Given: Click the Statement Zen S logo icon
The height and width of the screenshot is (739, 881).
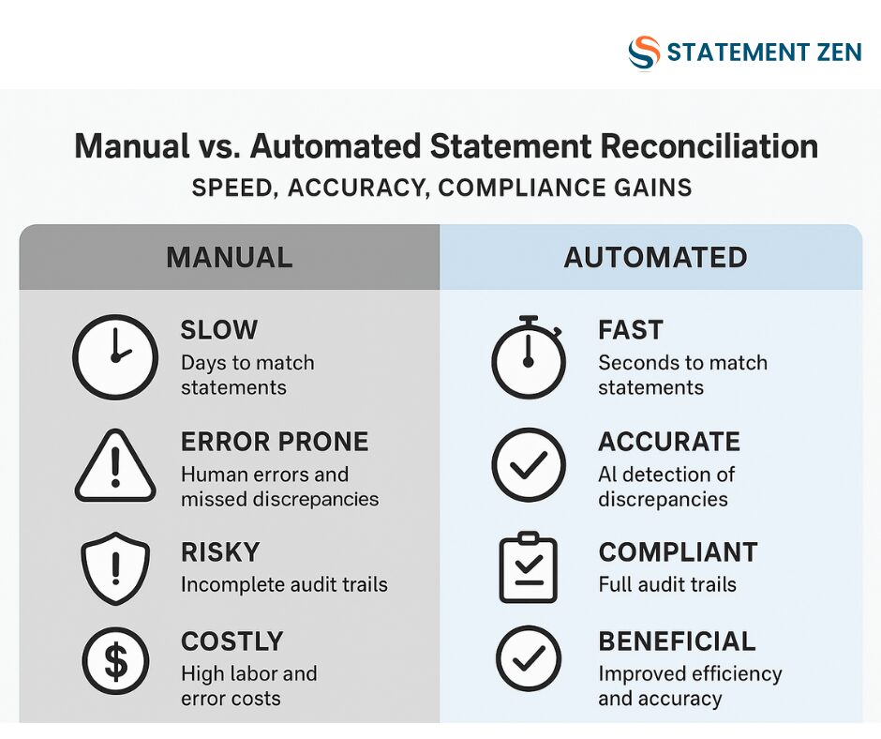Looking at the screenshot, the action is (x=644, y=53).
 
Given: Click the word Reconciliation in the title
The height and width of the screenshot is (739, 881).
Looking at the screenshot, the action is (x=709, y=146).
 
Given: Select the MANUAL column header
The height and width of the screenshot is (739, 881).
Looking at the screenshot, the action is (x=230, y=257).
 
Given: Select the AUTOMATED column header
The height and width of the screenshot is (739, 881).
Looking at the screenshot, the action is (x=655, y=257).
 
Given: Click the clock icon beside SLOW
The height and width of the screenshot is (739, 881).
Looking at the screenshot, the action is (x=115, y=357).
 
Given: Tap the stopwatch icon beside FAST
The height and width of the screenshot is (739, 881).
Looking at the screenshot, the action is (x=529, y=357).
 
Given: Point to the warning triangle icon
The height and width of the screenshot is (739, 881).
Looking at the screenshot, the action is (x=115, y=466).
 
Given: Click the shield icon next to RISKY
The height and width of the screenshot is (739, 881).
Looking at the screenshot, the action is (x=115, y=568).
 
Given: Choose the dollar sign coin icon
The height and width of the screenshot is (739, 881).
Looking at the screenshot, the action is (x=115, y=660).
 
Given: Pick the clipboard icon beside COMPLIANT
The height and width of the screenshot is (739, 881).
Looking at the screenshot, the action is (x=529, y=566).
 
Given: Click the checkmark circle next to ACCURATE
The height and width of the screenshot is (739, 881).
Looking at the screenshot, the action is (x=529, y=464).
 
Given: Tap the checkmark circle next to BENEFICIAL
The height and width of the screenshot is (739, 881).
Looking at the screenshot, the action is (x=529, y=658).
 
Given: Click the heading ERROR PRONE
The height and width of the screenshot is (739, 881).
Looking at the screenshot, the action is (x=275, y=442).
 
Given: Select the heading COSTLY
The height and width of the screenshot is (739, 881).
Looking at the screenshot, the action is (x=232, y=641).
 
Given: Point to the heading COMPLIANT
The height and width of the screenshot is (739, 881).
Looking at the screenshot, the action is (x=679, y=552).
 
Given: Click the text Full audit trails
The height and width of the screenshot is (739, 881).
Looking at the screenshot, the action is (x=667, y=584).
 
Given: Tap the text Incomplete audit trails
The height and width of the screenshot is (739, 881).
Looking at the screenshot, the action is (x=284, y=584).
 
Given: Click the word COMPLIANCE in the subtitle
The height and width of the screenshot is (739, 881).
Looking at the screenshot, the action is (x=521, y=188).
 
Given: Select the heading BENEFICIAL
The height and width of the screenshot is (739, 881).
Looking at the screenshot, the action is (x=677, y=641).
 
